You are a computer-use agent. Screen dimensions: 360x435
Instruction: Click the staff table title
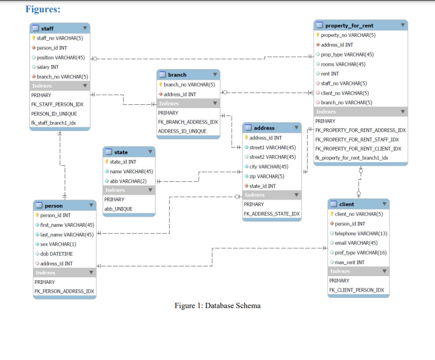point(47,28)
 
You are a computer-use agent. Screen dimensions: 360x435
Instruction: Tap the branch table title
point(177,75)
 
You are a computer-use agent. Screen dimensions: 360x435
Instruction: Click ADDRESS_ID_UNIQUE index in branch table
point(182,131)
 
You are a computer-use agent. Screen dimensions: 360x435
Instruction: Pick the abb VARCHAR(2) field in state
point(128,181)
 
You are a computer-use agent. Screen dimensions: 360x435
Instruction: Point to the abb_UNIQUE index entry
point(118,209)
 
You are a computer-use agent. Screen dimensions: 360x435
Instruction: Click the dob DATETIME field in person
point(56,254)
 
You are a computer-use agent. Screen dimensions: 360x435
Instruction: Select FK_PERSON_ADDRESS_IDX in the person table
point(64,291)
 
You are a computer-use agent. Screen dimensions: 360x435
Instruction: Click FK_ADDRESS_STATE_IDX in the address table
point(271,213)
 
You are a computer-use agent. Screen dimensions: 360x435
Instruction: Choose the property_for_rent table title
point(349,25)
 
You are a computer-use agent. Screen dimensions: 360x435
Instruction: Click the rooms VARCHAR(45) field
point(343,64)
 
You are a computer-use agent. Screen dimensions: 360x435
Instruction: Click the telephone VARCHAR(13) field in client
point(361,233)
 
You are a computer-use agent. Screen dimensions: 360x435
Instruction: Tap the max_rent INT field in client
point(349,262)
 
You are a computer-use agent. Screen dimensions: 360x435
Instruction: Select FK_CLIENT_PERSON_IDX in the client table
point(356,290)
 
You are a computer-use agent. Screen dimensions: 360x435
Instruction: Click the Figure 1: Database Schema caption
point(217,305)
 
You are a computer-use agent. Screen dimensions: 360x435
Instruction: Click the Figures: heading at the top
point(43,9)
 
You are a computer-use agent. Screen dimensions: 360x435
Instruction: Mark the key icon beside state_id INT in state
point(108,162)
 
